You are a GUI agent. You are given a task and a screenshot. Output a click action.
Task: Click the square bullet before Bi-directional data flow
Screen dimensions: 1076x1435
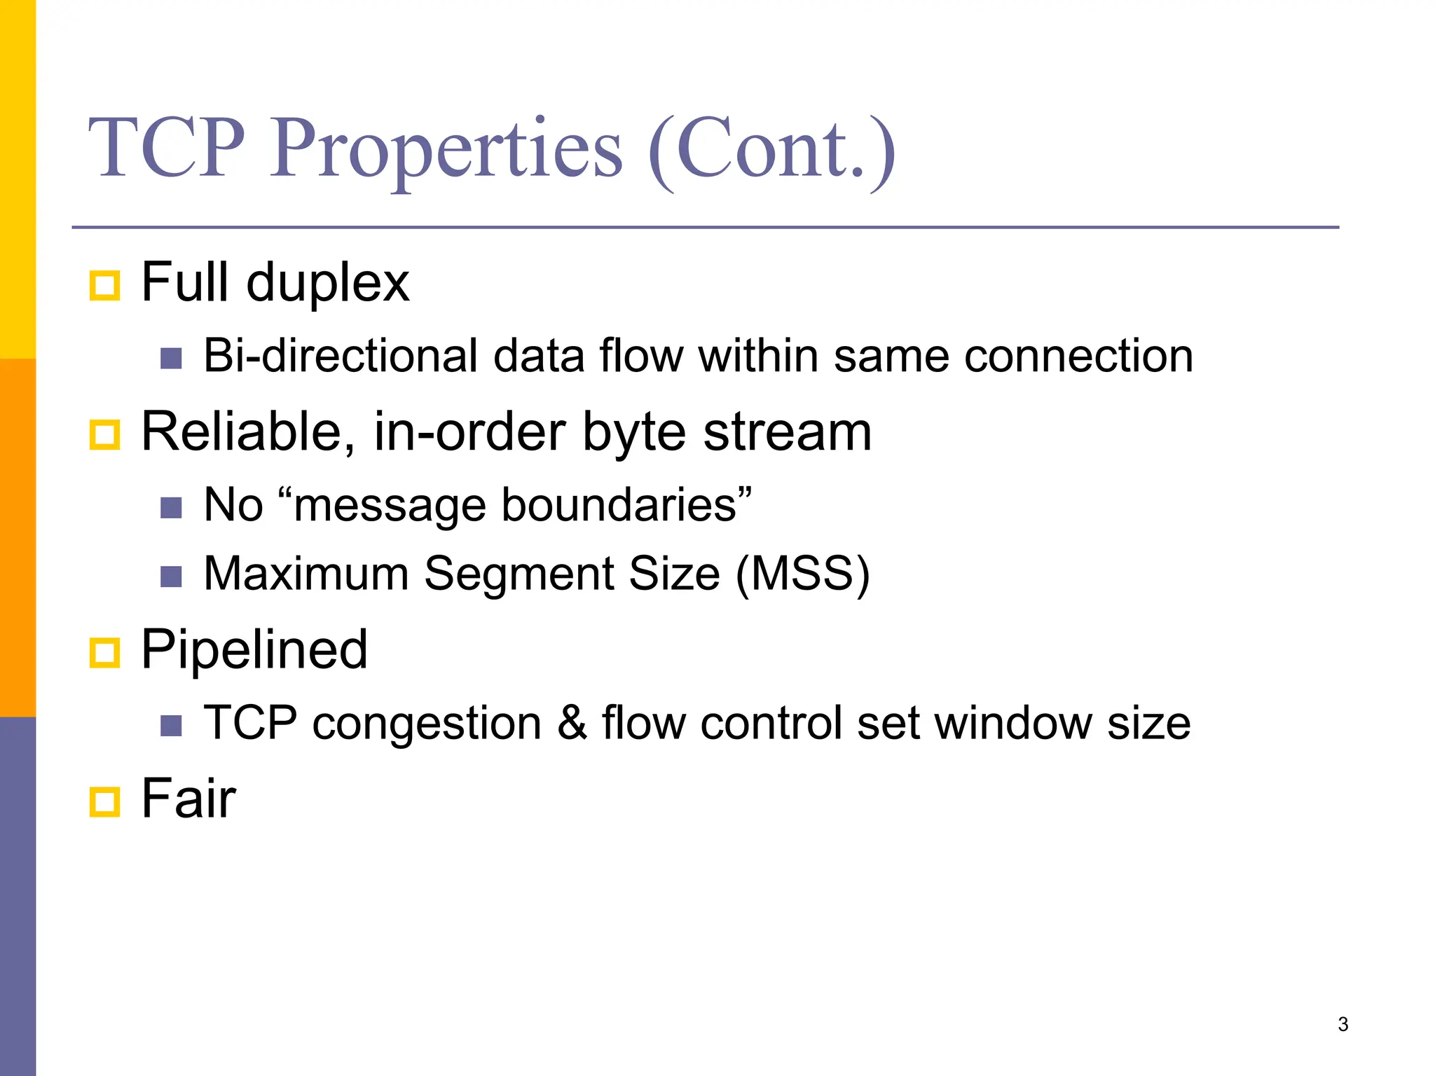point(171,359)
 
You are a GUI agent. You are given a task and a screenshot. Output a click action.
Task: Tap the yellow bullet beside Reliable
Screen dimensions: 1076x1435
point(105,435)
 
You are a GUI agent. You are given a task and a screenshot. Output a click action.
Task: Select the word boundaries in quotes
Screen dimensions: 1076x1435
point(619,505)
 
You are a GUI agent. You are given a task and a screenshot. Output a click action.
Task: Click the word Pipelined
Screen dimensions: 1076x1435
point(254,650)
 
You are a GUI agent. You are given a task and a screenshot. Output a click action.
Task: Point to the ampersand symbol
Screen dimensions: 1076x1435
point(572,723)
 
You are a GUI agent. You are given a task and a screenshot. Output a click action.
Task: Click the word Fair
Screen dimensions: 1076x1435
point(188,799)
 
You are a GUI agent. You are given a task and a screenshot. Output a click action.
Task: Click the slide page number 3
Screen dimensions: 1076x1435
point(1343,1024)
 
